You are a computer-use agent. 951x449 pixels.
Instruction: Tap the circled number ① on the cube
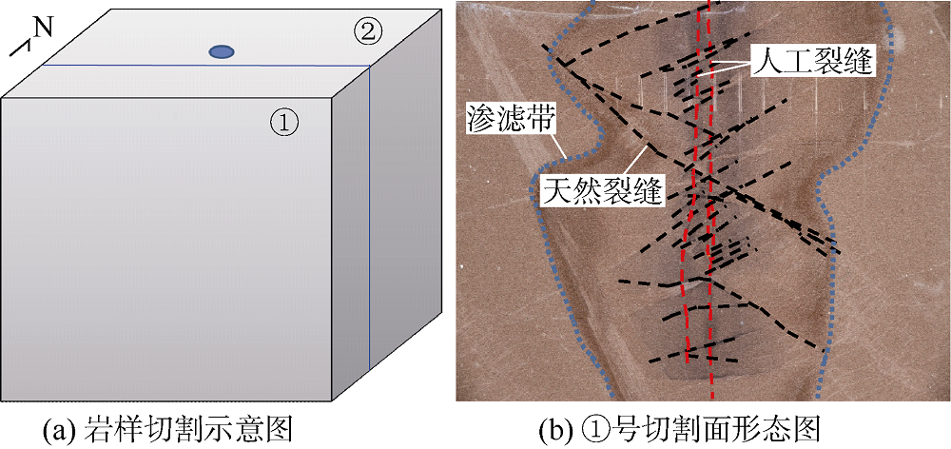click(x=283, y=121)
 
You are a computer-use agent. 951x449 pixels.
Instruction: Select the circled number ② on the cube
click(x=368, y=31)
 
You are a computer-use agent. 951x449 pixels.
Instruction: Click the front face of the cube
click(x=166, y=247)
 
